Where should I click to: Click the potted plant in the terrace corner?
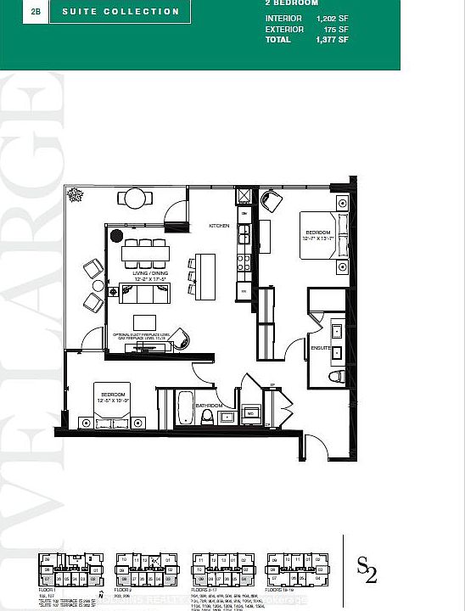click(76, 193)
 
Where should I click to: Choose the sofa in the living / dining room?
click(145, 294)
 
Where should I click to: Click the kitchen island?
click(200, 272)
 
